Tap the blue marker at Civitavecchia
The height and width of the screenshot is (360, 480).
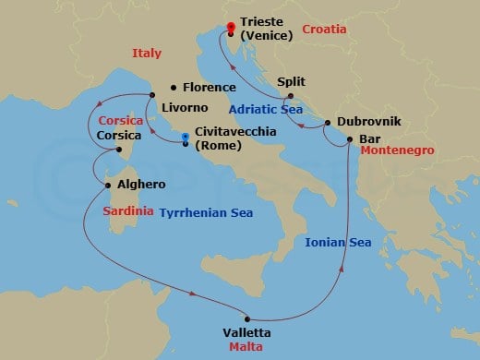point(186,138)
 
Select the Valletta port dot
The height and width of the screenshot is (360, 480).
point(246,320)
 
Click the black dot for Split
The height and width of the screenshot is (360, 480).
point(291,96)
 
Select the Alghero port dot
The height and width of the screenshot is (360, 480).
point(109,185)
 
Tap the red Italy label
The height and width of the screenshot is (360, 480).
point(148,54)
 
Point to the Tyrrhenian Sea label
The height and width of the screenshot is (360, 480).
point(206,211)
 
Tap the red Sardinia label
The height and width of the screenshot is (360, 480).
point(128,210)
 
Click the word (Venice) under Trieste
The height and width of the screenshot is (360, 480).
point(266,35)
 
